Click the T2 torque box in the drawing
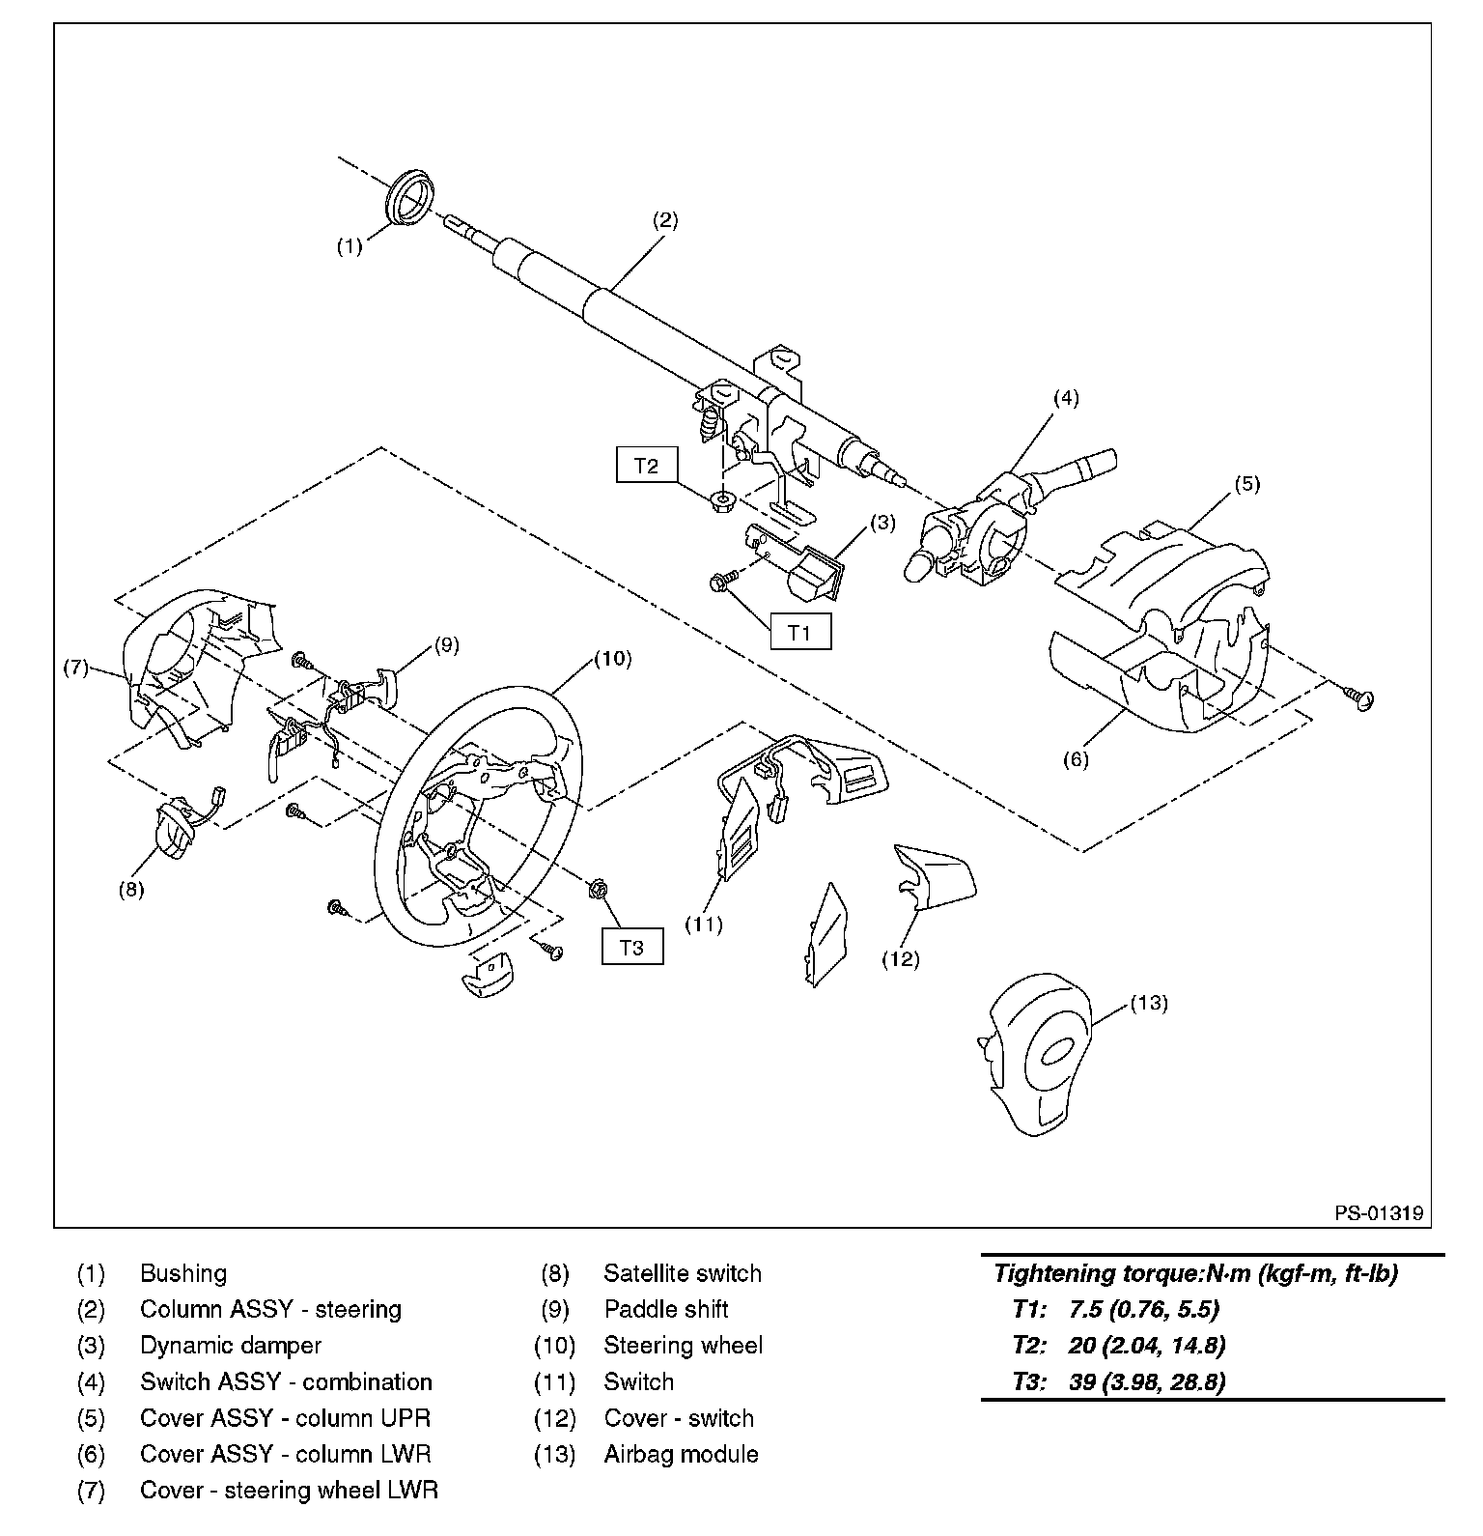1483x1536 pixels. [x=646, y=465]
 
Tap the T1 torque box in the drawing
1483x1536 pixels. [x=800, y=632]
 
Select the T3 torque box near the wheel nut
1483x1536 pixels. [x=632, y=947]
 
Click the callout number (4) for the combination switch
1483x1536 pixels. [x=1066, y=397]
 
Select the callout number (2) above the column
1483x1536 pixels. [x=665, y=219]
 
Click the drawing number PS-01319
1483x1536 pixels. [x=1379, y=1212]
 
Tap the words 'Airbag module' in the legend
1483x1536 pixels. [x=681, y=1454]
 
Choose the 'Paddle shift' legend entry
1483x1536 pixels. [x=666, y=1309]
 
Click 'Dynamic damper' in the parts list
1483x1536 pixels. [x=231, y=1346]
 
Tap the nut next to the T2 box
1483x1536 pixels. [x=719, y=500]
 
